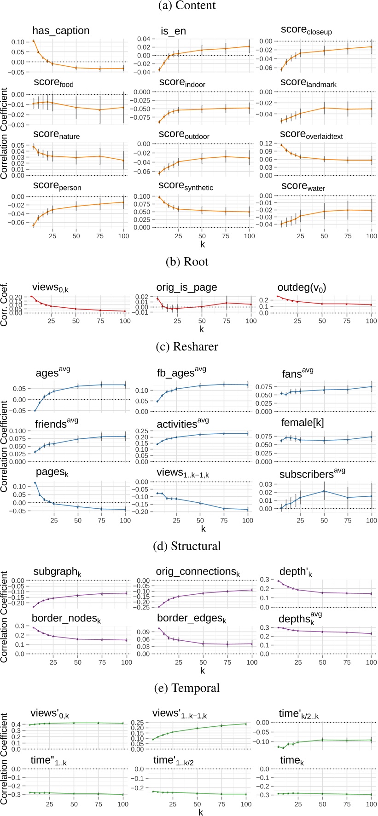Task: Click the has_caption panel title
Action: coord(61,31)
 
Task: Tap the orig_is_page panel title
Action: coord(186,288)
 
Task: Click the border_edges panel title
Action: coord(192,619)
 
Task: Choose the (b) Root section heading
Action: coord(189,262)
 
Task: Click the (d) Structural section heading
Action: coord(189,546)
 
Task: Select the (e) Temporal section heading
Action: coord(189,688)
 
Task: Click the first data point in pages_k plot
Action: coord(35,483)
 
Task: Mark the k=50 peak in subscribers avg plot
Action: coord(324,491)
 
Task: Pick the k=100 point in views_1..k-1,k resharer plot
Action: coord(247,509)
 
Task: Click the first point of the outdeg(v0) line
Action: coord(278,296)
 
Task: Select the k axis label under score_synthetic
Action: coord(201,243)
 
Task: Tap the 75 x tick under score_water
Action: coord(348,236)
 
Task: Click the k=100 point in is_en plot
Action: coord(249,46)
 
